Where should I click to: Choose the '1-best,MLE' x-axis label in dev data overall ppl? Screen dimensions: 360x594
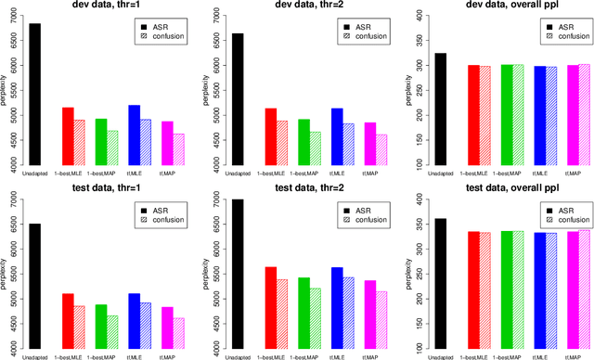(x=481, y=174)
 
